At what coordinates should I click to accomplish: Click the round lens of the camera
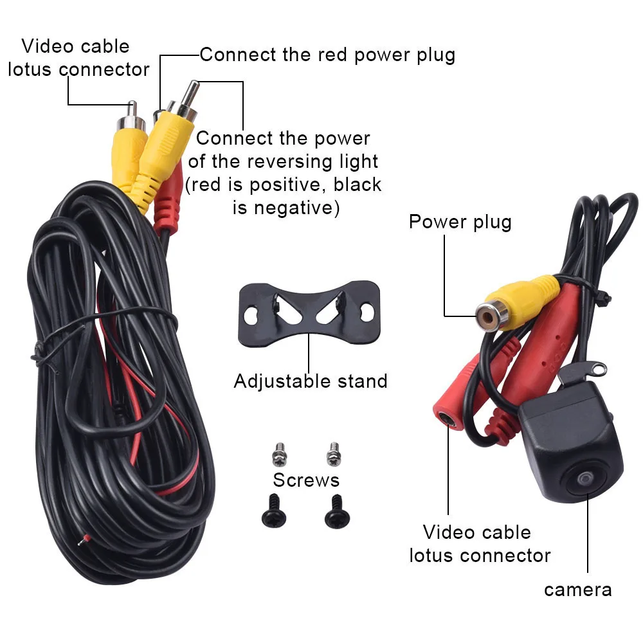(584, 481)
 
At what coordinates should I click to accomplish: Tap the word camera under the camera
(577, 589)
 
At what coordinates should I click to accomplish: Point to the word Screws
(306, 480)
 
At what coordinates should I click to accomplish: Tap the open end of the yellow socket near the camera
(491, 313)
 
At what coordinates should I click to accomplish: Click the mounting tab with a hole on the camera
(593, 368)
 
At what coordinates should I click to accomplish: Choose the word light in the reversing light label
(358, 161)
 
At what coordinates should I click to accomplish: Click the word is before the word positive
(238, 185)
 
